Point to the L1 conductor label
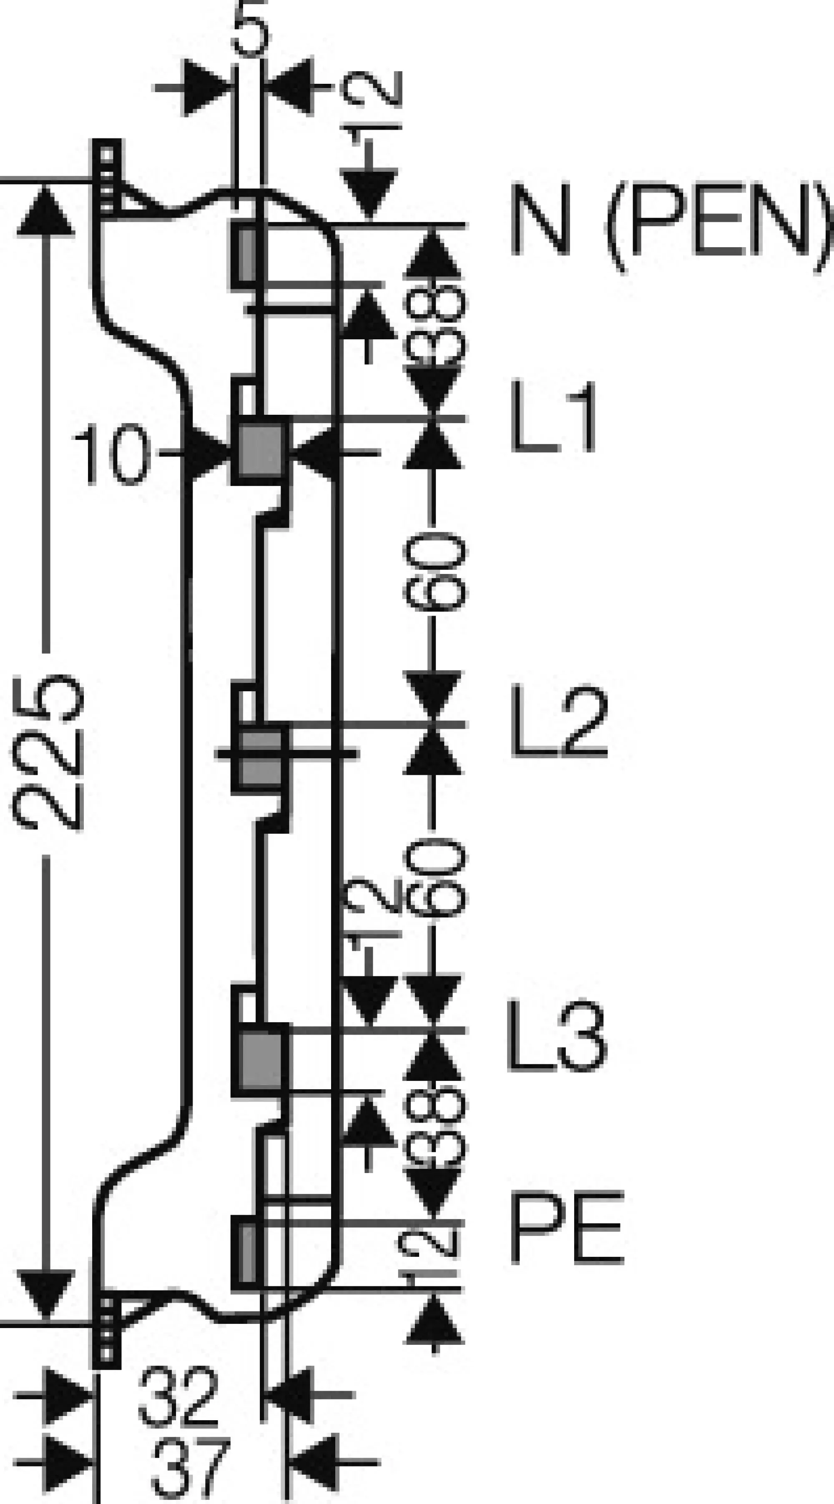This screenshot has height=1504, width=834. click(553, 416)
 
